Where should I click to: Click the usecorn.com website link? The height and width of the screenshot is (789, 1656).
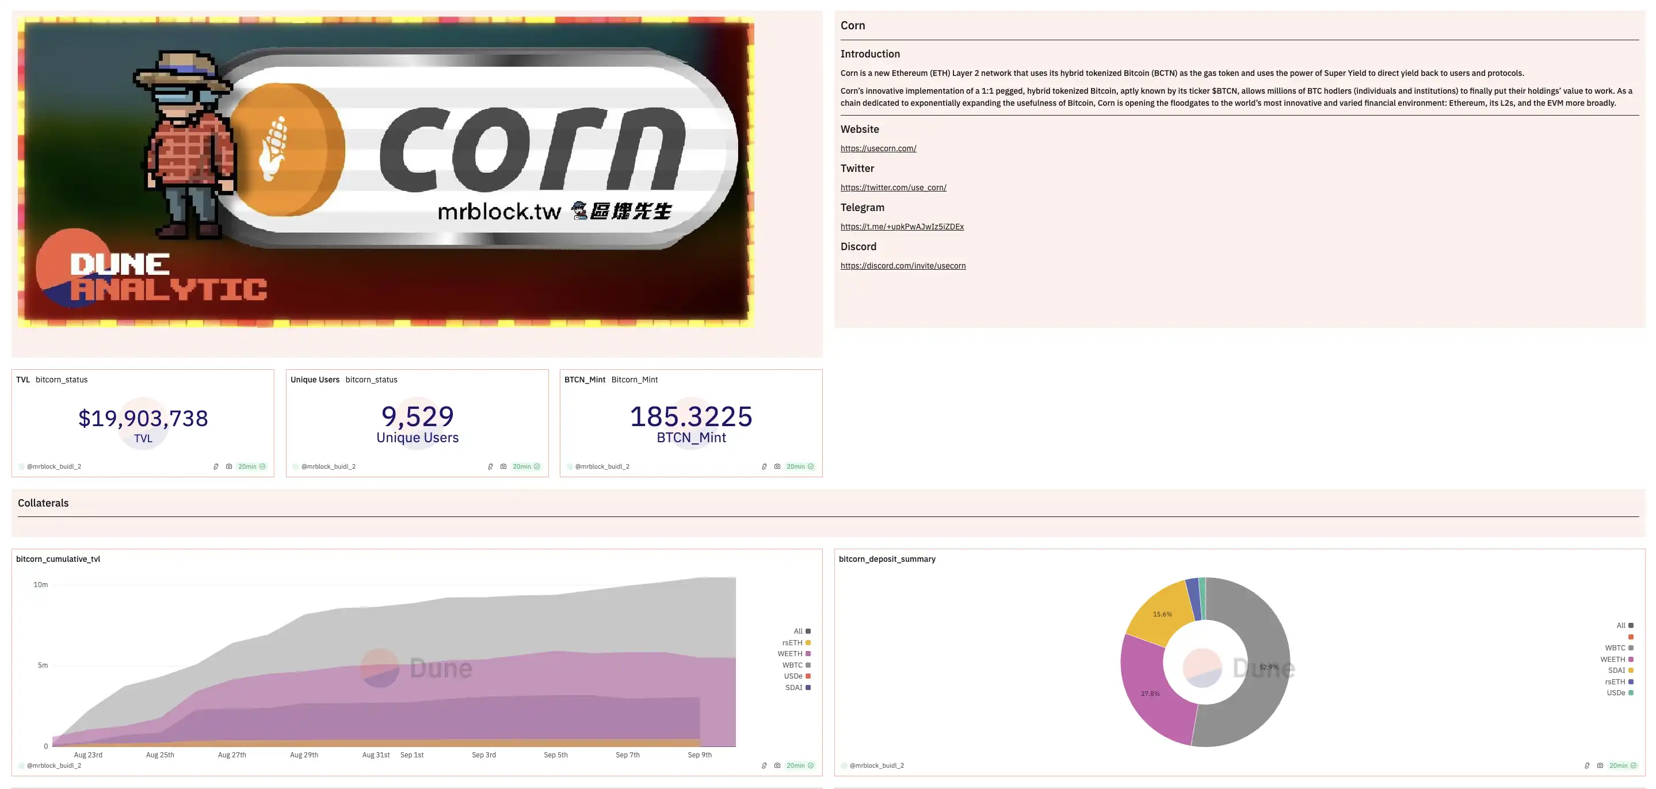[878, 148]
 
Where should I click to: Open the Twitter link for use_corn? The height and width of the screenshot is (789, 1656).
[893, 187]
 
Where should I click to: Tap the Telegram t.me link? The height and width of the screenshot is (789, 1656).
[902, 227]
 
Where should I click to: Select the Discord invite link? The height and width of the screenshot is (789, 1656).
[903, 266]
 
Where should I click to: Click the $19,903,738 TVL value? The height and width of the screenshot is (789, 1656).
[143, 418]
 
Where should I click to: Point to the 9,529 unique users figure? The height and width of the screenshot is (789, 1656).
[417, 416]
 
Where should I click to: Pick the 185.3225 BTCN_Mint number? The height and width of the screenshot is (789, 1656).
[691, 416]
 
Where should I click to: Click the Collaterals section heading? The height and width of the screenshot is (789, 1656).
[43, 503]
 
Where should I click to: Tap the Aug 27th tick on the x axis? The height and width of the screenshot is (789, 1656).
[231, 755]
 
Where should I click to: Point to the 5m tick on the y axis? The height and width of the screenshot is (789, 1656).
[43, 665]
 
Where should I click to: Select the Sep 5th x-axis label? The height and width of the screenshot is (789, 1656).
[555, 755]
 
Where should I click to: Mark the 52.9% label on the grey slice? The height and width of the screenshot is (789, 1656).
[1268, 667]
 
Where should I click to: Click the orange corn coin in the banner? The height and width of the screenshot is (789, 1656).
[286, 149]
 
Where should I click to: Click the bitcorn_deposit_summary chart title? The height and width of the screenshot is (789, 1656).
[887, 559]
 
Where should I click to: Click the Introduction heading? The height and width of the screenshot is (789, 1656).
[870, 54]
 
